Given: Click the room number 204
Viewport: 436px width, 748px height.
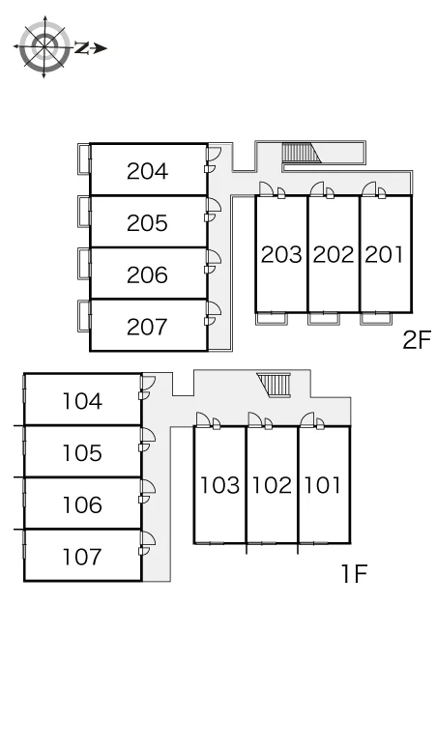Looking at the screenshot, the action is [x=147, y=171].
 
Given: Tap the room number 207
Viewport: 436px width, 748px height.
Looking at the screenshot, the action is [x=147, y=327].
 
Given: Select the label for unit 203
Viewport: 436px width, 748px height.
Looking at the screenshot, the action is [x=281, y=255].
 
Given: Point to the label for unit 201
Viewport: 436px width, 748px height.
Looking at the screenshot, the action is [x=385, y=255].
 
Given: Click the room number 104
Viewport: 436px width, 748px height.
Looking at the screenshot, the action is [x=82, y=401].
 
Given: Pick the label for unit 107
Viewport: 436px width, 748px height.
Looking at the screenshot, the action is [x=82, y=557].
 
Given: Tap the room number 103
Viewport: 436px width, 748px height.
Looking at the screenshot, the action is [x=219, y=485].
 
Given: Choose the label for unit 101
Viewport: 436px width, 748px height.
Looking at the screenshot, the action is [x=323, y=485].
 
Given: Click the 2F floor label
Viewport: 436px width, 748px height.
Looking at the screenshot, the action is [x=417, y=340].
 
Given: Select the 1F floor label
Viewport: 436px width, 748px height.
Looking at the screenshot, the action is [x=354, y=574].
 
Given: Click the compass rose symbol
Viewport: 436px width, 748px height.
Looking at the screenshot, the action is [x=44, y=46].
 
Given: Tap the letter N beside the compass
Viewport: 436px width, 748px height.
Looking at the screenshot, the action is [x=82, y=47].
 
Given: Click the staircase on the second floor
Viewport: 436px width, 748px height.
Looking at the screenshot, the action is [x=301, y=153].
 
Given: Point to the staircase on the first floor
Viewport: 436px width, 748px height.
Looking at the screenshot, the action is [x=274, y=385].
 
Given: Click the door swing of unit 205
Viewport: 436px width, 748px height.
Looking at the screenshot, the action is [x=215, y=204].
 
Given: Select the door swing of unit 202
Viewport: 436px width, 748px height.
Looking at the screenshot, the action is [x=317, y=188].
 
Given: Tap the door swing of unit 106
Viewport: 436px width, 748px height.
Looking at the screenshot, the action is [x=148, y=486].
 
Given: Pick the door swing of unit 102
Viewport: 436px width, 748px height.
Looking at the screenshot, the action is [x=255, y=419].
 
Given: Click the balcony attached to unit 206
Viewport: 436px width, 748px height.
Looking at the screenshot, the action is [x=84, y=263].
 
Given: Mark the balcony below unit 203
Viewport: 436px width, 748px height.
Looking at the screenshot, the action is [x=272, y=318].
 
